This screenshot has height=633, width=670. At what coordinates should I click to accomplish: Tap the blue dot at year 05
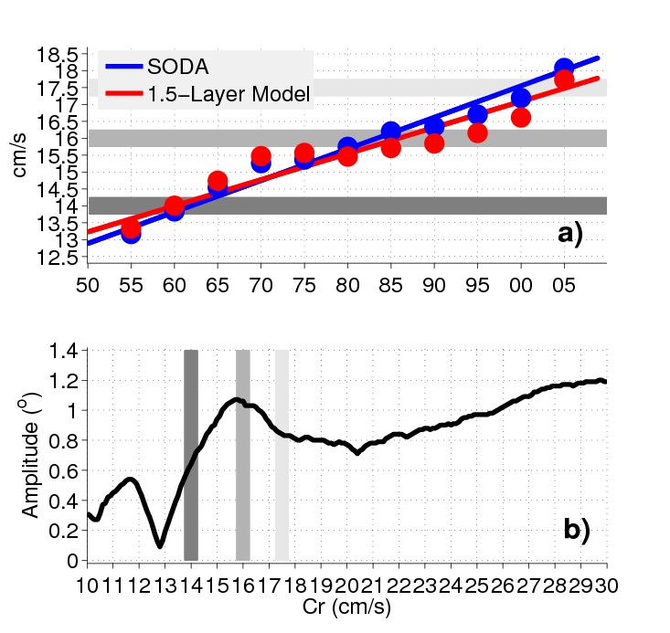tap(564, 69)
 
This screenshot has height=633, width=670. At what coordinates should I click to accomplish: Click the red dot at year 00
tap(521, 118)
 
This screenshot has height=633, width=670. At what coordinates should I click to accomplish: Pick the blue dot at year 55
tap(131, 234)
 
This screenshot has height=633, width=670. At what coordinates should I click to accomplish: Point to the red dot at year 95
tap(477, 133)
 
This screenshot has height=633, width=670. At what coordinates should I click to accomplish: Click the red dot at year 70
tap(261, 156)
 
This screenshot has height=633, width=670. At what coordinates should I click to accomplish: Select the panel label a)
tap(570, 235)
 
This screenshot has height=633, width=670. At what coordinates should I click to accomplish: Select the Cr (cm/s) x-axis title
tap(346, 605)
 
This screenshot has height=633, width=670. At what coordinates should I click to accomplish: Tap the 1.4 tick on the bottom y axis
tap(67, 350)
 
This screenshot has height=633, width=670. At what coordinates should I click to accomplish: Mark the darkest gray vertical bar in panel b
tap(191, 454)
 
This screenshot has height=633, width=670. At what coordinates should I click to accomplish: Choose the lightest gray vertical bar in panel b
tap(282, 454)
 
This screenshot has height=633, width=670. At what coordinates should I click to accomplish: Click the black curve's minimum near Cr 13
tap(160, 546)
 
